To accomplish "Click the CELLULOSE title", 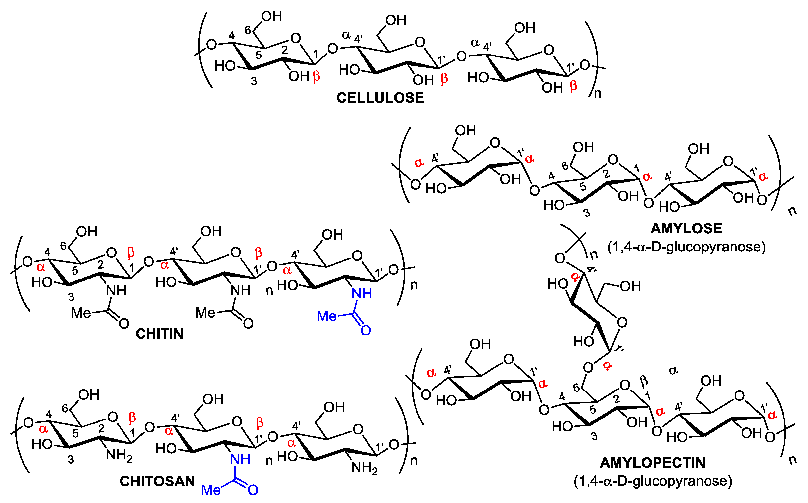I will [x=380, y=98].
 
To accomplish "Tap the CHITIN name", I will [x=159, y=334].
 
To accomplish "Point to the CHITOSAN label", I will [x=157, y=481].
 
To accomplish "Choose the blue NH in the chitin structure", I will [x=362, y=293].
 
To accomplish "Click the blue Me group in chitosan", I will [x=211, y=490].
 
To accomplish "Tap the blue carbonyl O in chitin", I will [x=366, y=330].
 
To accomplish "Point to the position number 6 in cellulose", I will [x=248, y=30].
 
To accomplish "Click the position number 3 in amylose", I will [x=587, y=213].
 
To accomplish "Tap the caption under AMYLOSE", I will [x=686, y=247].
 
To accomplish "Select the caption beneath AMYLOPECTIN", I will [x=653, y=481].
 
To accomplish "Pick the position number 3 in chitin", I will [x=71, y=297].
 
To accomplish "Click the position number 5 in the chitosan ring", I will [x=76, y=433].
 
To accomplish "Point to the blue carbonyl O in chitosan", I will [x=253, y=490].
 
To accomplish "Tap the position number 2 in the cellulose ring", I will [x=284, y=50].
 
